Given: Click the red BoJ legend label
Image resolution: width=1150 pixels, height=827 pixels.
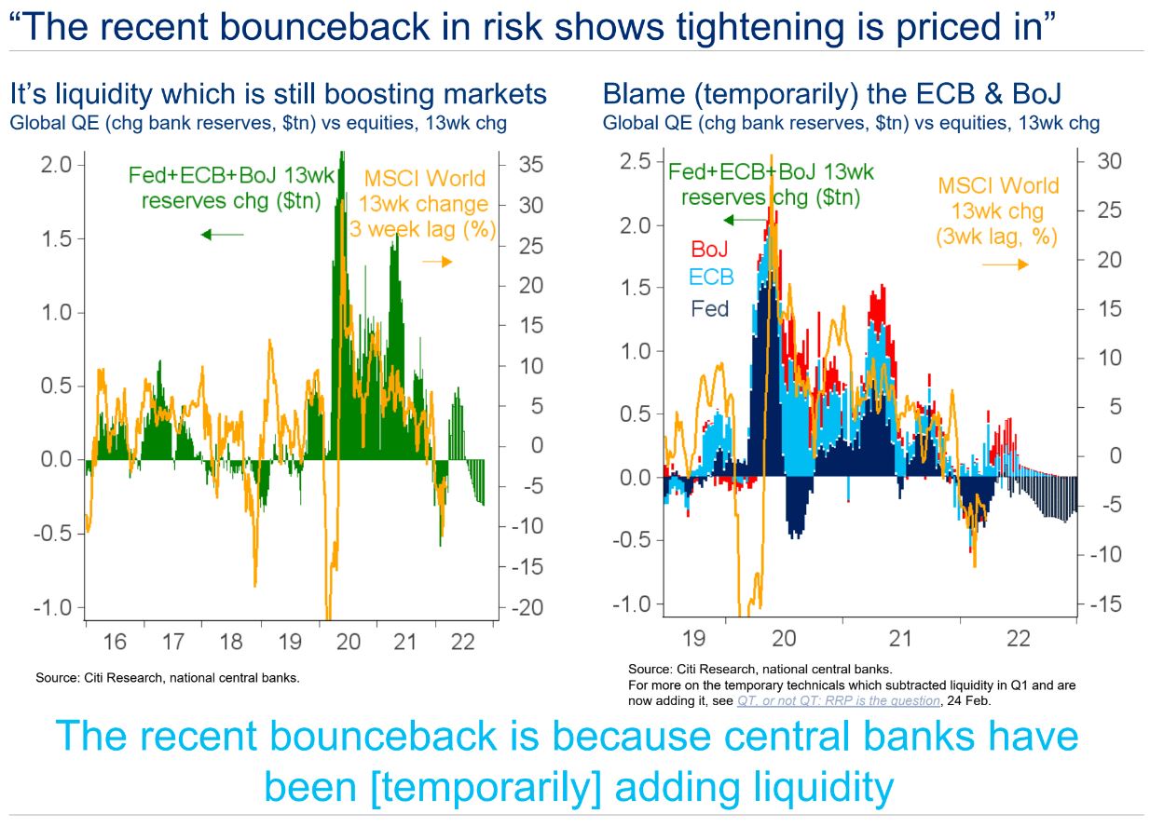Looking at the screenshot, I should coord(709,249).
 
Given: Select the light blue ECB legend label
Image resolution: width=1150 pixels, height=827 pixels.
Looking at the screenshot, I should coord(711,277).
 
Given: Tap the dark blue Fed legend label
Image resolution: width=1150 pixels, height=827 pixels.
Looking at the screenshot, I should coord(710,308).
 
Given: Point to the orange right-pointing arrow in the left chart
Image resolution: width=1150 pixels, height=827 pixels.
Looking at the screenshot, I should coord(436,262).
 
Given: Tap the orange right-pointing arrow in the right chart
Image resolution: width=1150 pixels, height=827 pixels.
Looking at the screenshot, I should coord(1006,264).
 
